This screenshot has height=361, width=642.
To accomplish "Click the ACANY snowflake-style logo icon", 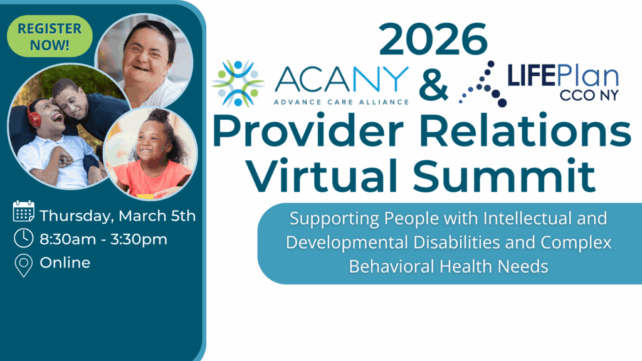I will (238, 83).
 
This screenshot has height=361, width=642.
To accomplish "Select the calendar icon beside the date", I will (24, 212).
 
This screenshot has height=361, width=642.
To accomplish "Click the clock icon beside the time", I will (24, 239).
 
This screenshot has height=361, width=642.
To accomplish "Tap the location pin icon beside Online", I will (24, 265).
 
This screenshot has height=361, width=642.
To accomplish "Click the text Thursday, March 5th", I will (118, 216).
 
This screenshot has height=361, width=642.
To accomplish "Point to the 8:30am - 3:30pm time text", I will (104, 239).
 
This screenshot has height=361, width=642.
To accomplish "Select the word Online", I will (65, 263).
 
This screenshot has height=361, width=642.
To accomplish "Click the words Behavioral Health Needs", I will (448, 266).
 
